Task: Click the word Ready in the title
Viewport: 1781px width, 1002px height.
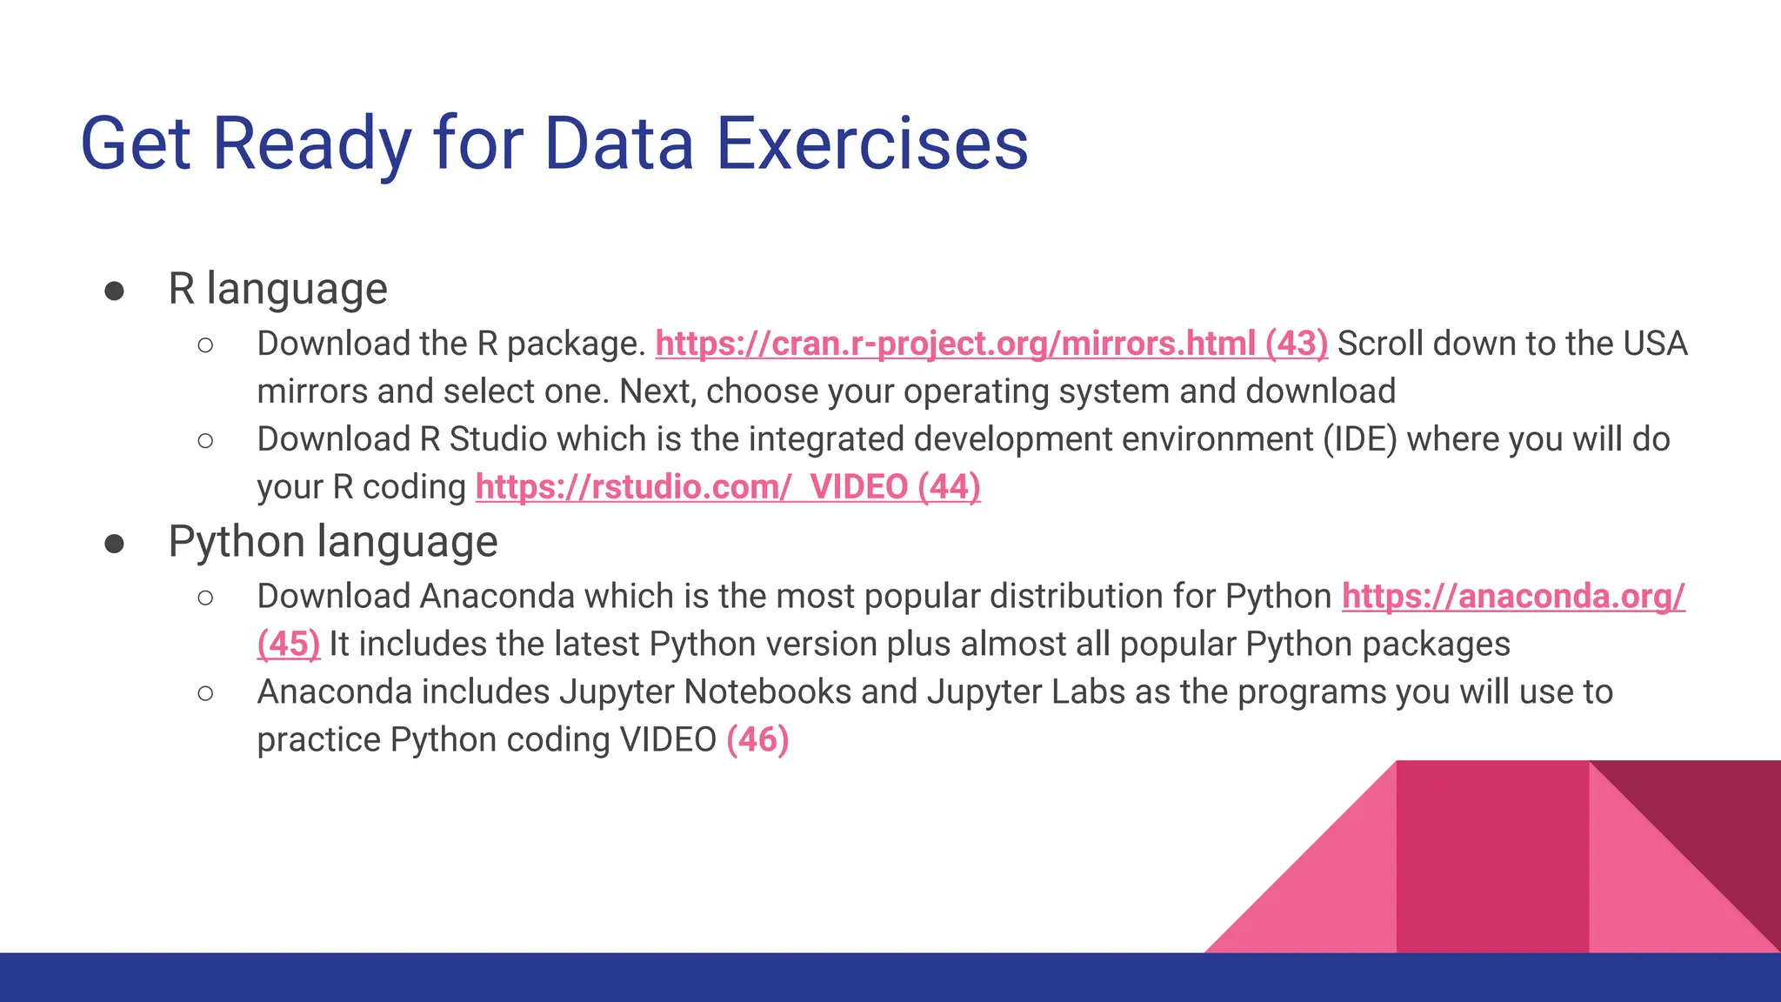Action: point(311,144)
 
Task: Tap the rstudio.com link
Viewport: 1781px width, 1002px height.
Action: point(632,487)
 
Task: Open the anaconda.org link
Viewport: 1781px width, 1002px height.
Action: point(1512,597)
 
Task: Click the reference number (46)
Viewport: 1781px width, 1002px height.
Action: point(757,740)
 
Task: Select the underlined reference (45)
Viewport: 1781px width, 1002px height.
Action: point(289,645)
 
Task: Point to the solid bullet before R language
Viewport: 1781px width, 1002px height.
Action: point(114,291)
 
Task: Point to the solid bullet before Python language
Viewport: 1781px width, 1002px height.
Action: point(114,544)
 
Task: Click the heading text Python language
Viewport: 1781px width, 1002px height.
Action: point(332,542)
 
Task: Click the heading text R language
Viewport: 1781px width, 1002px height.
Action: point(277,289)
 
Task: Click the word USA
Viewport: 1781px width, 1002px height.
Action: point(1654,344)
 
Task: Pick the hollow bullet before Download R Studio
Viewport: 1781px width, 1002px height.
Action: point(205,441)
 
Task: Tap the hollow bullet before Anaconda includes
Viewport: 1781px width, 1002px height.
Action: point(205,693)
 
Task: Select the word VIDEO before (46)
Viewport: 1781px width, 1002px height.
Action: point(667,740)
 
